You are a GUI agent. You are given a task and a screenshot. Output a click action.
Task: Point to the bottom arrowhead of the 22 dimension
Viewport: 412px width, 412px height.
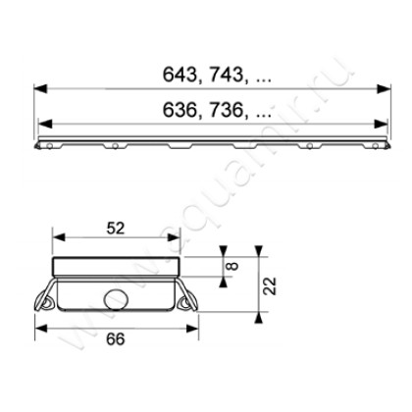pyautogui.click(x=259, y=315)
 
